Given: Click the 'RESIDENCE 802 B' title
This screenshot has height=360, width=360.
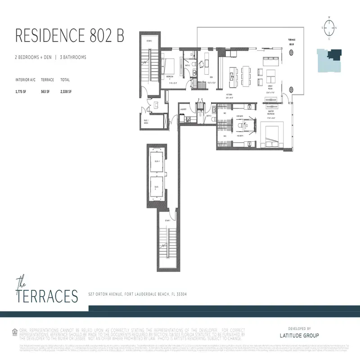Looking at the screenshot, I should point(70,36).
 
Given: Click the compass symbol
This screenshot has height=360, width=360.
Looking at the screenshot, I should point(329,27).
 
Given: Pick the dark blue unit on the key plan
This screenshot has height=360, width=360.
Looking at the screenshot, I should point(334,55).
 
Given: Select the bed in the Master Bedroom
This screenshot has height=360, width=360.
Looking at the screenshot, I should point(272,135).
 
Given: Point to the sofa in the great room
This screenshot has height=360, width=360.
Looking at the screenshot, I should point(271,58).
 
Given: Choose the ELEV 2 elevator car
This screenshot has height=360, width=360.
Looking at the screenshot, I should point(157,189).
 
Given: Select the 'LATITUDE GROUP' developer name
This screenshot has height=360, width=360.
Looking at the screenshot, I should point(299,336).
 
